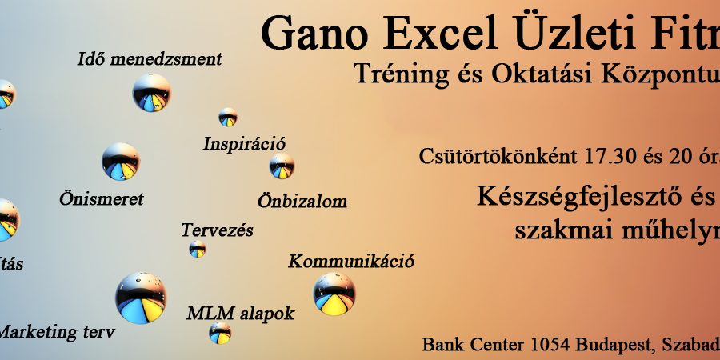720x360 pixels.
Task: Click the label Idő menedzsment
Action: point(150,59)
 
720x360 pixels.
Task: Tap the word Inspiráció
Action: point(244,144)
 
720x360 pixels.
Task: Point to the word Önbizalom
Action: point(302,200)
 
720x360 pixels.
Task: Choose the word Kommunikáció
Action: point(351,261)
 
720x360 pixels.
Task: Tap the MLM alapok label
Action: point(241,312)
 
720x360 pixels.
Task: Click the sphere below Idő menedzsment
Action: point(151,93)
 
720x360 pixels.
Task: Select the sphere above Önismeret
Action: point(121,162)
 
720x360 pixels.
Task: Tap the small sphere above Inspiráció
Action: point(228,117)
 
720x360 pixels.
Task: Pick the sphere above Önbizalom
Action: point(282,166)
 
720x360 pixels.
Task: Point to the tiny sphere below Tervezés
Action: point(198,250)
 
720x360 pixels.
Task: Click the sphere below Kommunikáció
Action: point(334,294)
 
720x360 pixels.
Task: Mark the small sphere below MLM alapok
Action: point(220,334)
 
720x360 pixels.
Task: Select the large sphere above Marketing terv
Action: point(141,298)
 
